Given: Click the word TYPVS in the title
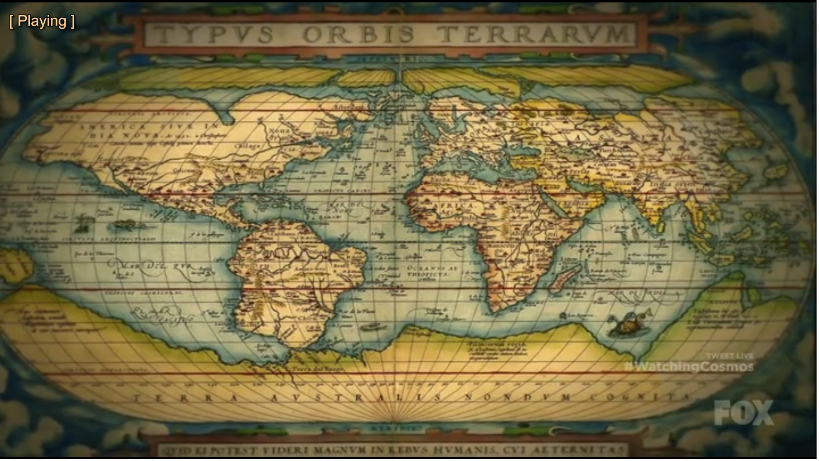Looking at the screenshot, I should click(216, 34).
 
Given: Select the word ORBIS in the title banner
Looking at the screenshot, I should click(358, 34).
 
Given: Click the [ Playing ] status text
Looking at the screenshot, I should click(42, 22).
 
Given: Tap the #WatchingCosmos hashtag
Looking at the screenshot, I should click(688, 367).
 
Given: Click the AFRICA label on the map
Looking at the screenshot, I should click(458, 205).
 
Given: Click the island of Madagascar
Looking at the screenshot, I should click(566, 279).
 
